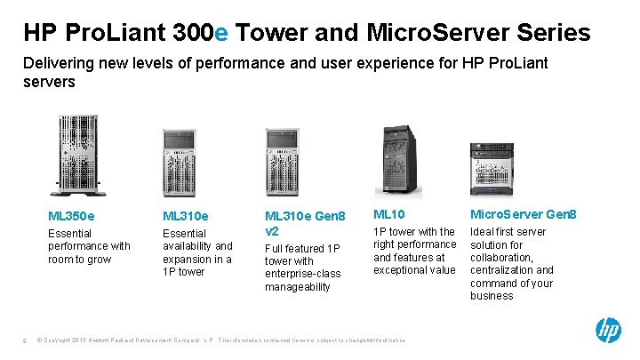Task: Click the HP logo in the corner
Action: pos(608,331)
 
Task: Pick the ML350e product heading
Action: pos(72,215)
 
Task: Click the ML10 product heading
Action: pos(388,214)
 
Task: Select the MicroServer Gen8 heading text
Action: pos(523,214)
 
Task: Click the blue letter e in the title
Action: pos(221,33)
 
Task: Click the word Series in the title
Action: pos(552,33)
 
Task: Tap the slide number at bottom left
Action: pos(26,340)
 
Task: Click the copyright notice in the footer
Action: pos(124,340)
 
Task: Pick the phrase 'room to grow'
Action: pos(79,259)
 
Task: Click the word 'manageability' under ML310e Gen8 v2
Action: pos(298,287)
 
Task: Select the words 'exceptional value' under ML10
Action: pos(415,269)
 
